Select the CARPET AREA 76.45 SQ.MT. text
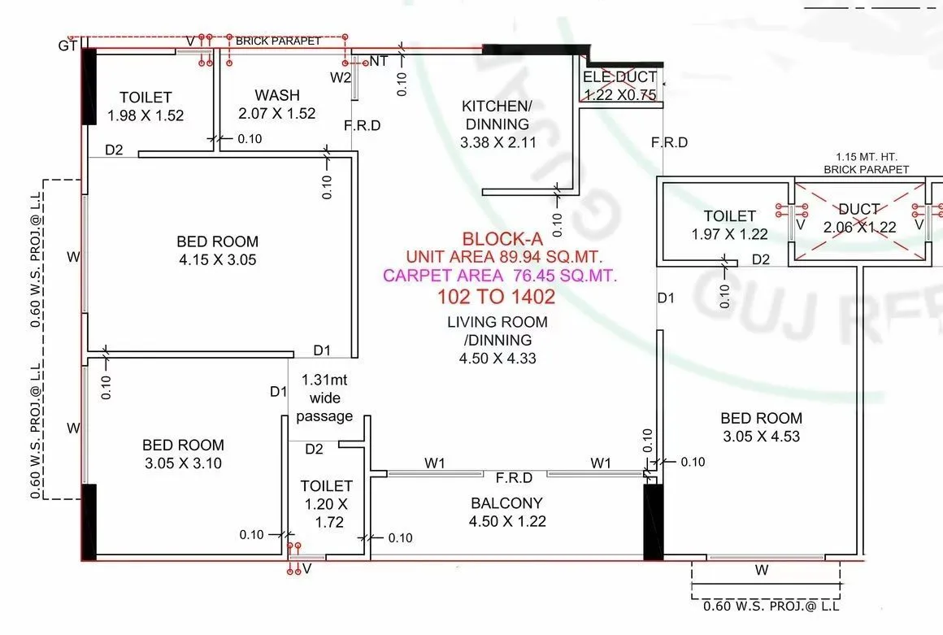[x=500, y=276]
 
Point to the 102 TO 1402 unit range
[x=497, y=296]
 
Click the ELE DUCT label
[x=619, y=77]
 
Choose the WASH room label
[x=276, y=95]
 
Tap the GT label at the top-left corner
[x=67, y=46]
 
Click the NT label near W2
[x=379, y=61]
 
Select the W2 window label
[x=340, y=78]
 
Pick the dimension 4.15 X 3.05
[x=217, y=260]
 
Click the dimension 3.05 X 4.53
[x=761, y=437]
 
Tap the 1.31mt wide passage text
[x=324, y=398]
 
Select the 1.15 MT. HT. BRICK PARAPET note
[x=866, y=163]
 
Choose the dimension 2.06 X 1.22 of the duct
[x=860, y=228]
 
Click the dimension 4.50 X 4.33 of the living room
[x=498, y=359]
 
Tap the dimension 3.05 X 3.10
[x=183, y=463]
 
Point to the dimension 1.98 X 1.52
[x=146, y=115]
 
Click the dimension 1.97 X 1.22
[x=729, y=234]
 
